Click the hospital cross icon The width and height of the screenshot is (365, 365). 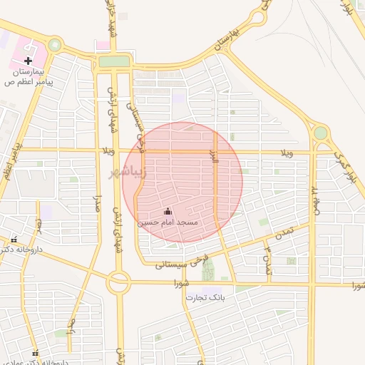(28, 61)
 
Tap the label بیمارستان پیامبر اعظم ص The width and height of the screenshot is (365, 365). (31, 77)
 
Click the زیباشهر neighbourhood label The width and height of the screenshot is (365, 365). (126, 171)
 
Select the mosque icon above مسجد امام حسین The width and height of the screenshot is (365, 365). (168, 211)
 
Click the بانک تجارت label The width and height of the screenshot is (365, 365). (205, 297)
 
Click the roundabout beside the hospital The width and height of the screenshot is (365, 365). (54, 46)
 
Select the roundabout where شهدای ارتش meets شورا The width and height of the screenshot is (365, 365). (118, 283)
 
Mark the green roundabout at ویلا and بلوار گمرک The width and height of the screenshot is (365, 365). (320, 133)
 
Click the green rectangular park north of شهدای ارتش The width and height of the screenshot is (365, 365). (114, 61)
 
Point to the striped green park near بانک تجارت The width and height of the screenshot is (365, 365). (208, 270)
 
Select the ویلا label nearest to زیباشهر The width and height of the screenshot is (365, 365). (109, 151)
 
